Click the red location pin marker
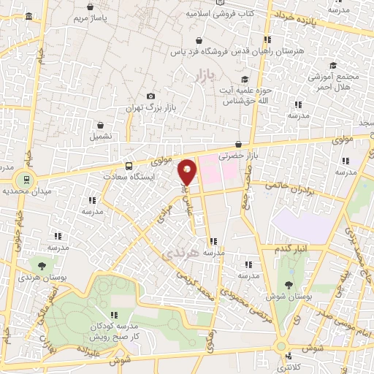coord(188,172)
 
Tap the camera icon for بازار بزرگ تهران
coord(150,96)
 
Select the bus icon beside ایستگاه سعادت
coord(129,166)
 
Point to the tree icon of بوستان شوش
coord(290,286)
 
